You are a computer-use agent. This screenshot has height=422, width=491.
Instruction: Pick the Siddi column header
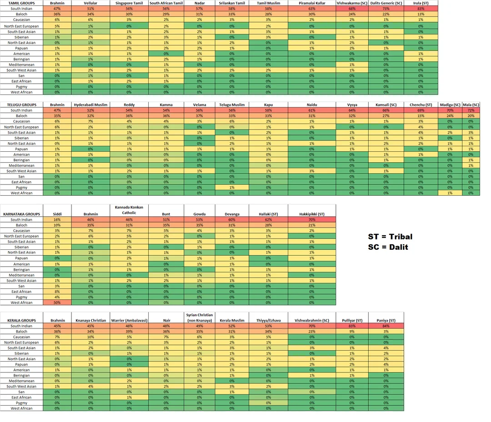pos(57,214)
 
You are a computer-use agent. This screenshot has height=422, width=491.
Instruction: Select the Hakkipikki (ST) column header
pos(312,214)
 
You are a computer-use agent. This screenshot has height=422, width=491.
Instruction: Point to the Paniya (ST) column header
pos(386,320)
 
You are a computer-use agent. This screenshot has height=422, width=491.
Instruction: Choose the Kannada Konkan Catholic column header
pos(129,210)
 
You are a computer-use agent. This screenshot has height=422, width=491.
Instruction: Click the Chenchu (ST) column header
pos(421,105)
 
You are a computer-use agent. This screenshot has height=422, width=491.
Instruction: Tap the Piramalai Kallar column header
pos(311,3)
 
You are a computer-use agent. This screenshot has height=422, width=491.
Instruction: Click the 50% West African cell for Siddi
pos(57,303)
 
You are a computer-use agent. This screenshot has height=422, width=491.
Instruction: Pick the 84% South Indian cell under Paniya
pos(386,326)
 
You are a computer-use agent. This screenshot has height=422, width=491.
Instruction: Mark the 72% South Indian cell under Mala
pos(471,110)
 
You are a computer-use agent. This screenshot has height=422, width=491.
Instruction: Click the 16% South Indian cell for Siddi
pos(57,219)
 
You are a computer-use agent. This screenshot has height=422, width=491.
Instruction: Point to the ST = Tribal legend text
pos(390,237)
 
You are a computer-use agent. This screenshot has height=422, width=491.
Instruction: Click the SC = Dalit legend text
pos(388,247)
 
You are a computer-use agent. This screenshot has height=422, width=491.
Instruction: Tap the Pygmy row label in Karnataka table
pos(21,297)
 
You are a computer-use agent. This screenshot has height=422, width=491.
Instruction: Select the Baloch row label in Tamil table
pos(21,14)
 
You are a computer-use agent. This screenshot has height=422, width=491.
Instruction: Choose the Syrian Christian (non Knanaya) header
pos(199,318)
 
